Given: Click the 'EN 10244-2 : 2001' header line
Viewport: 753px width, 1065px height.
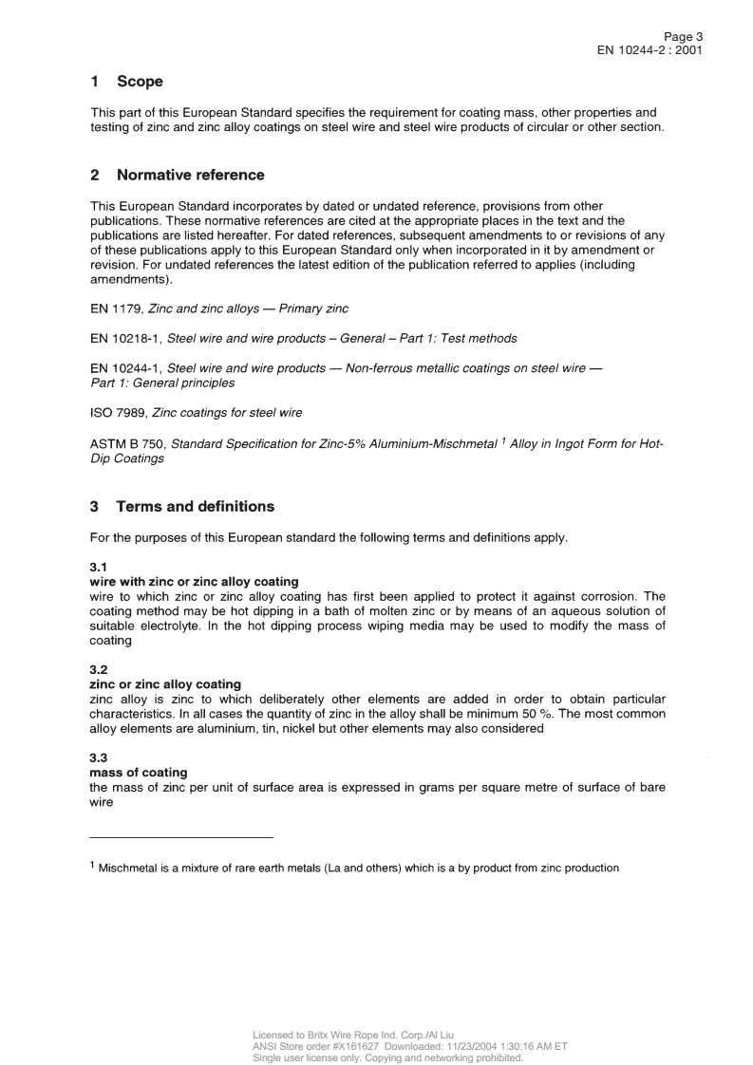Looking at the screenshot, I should click(x=649, y=50).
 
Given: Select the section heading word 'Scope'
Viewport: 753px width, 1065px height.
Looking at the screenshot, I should click(x=140, y=82).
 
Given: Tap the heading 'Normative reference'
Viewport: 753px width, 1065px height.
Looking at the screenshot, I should click(x=190, y=175).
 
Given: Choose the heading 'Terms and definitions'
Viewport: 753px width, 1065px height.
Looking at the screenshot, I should click(x=195, y=506).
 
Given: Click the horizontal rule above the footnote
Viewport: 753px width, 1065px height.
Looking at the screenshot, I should click(x=180, y=837).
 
